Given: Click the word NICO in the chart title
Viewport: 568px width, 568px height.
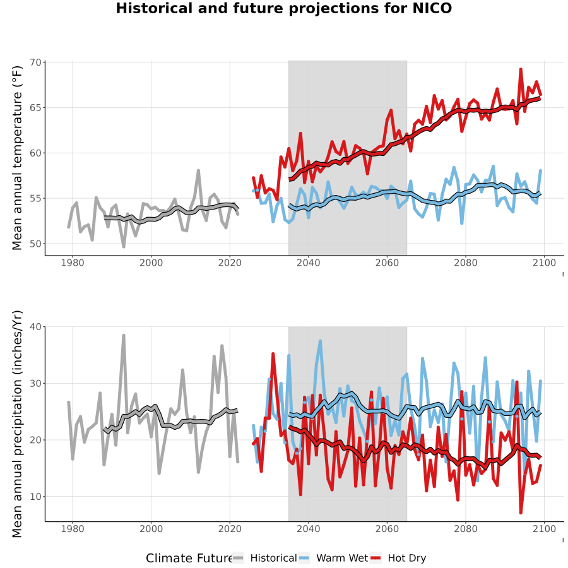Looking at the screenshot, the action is tap(432, 8).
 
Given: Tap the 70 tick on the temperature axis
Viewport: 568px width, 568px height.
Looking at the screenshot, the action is tap(36, 62).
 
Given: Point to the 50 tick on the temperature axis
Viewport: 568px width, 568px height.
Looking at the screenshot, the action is tap(36, 244).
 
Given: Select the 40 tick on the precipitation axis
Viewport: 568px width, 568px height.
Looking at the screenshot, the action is tap(36, 327).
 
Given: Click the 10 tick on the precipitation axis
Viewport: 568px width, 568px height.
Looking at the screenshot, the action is tap(36, 496).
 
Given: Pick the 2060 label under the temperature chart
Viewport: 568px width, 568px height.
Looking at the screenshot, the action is tap(387, 263).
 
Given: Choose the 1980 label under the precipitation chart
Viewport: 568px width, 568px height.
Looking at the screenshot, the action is tap(73, 529).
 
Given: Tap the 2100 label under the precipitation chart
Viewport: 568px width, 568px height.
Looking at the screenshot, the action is tap(544, 529).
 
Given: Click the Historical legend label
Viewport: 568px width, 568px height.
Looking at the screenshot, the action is tap(273, 558).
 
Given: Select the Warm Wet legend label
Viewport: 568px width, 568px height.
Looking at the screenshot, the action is tap(342, 558).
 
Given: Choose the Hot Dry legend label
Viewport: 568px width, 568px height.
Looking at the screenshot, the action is tap(407, 558).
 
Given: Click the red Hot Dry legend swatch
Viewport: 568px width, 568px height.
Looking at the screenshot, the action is tap(376, 559).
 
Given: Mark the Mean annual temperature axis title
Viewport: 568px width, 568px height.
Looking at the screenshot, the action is tap(16, 158).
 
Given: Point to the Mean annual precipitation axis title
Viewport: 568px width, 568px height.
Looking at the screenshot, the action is tap(16, 424).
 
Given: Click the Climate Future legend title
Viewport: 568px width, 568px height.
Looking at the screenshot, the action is tap(189, 559).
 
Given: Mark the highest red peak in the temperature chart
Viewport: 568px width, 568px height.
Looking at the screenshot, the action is tap(521, 69).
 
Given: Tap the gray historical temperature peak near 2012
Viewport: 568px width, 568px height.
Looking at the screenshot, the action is tap(199, 170).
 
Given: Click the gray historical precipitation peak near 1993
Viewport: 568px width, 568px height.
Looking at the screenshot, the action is tap(124, 336).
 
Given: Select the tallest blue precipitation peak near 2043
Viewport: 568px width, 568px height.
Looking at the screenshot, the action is tap(320, 341).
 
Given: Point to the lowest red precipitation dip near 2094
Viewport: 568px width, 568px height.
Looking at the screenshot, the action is tap(521, 512).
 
